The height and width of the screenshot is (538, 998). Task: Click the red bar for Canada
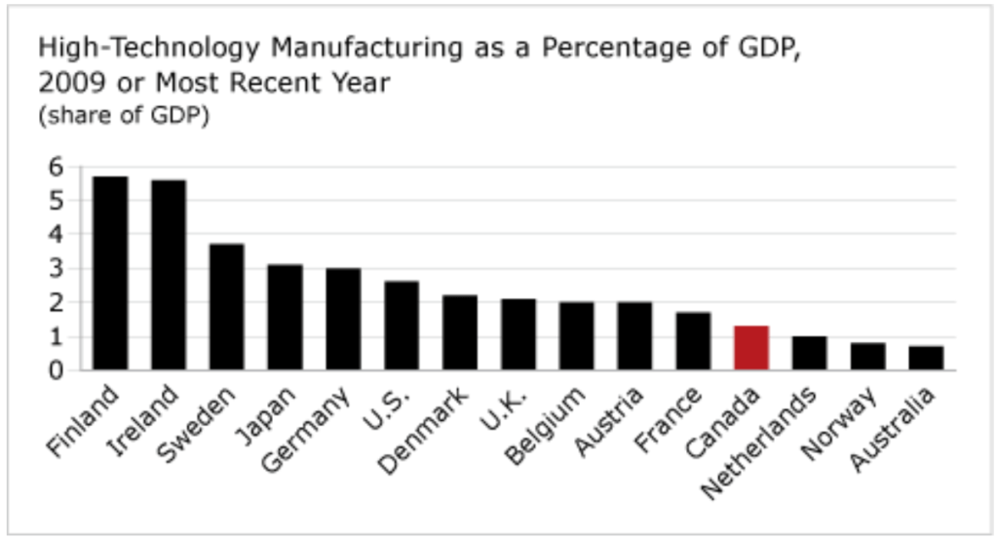[x=751, y=348]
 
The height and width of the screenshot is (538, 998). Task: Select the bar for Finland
[x=110, y=273]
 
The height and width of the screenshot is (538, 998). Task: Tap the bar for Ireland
[x=169, y=275]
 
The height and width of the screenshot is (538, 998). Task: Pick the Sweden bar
[x=227, y=307]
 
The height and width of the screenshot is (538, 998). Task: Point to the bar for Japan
[x=285, y=317]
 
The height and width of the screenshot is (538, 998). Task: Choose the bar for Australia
[x=926, y=358]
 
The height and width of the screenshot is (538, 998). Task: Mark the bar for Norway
[x=867, y=356]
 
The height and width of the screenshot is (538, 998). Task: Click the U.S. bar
[x=402, y=326]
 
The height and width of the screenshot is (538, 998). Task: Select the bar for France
[x=693, y=341]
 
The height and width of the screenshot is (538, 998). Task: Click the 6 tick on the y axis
[x=56, y=167]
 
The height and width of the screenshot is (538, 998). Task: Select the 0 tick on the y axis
[x=56, y=370]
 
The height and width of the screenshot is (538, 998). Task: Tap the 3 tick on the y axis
[x=56, y=269]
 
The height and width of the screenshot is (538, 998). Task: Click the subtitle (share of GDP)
[x=124, y=115]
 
